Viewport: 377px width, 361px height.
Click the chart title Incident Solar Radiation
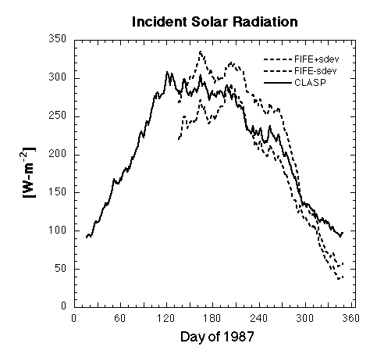pyautogui.click(x=215, y=22)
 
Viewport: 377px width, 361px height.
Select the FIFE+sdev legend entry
pyautogui.click(x=301, y=59)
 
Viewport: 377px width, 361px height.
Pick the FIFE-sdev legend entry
pyautogui.click(x=301, y=71)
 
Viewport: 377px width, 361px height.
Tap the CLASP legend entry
pyautogui.click(x=295, y=83)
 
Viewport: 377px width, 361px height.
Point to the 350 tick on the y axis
pyautogui.click(x=58, y=39)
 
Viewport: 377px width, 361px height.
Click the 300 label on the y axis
pyautogui.click(x=58, y=77)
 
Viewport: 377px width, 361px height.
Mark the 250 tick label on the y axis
pyautogui.click(x=58, y=116)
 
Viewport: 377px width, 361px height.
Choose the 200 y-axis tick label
pyautogui.click(x=58, y=154)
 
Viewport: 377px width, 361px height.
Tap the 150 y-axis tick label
pyautogui.click(x=58, y=192)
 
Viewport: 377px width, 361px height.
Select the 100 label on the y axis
pyautogui.click(x=58, y=231)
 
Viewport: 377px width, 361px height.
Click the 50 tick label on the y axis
pyautogui.click(x=61, y=269)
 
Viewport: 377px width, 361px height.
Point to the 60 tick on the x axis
pyautogui.click(x=120, y=318)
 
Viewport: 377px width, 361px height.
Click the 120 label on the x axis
pyautogui.click(x=166, y=318)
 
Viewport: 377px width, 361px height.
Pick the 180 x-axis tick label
pyautogui.click(x=212, y=318)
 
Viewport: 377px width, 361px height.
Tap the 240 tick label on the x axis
pyautogui.click(x=258, y=318)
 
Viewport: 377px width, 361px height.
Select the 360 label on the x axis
pyautogui.click(x=350, y=318)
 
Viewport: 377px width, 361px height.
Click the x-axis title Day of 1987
pyautogui.click(x=217, y=337)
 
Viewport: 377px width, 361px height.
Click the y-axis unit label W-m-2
pyautogui.click(x=28, y=173)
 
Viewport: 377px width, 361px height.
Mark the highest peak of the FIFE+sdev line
pyautogui.click(x=200, y=52)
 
